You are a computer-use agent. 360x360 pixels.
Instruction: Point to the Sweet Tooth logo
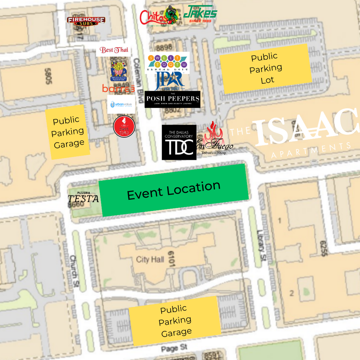click(x=167, y=62)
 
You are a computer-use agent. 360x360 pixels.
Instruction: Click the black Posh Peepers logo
click(x=172, y=99)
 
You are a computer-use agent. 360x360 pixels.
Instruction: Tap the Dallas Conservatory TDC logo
click(x=179, y=143)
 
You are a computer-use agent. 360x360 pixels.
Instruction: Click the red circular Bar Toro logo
click(x=124, y=126)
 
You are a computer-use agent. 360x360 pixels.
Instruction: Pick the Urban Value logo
click(x=121, y=104)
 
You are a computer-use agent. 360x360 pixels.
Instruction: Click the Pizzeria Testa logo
click(x=83, y=197)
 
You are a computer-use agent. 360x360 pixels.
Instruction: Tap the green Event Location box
click(x=174, y=190)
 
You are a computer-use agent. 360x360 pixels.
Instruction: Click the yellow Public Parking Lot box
click(x=266, y=68)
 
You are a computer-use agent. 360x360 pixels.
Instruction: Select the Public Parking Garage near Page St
click(x=175, y=321)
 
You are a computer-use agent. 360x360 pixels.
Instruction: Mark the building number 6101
click(x=171, y=259)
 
